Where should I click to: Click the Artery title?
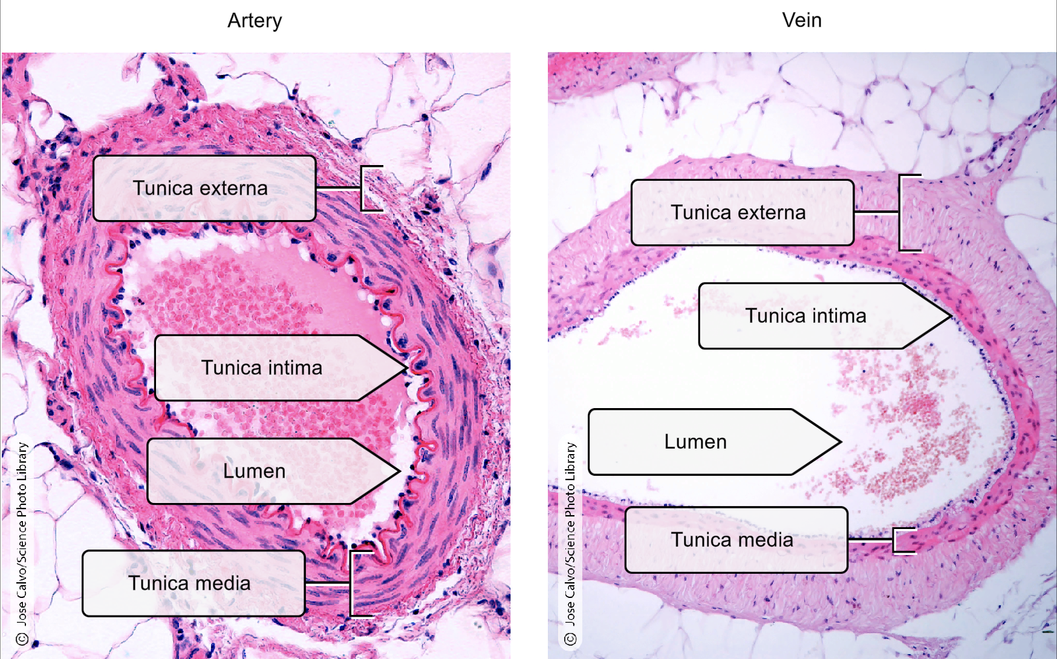coord(255,21)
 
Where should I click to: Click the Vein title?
coord(801,21)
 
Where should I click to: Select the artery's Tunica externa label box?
coord(204,188)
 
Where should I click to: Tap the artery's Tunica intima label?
coord(261,368)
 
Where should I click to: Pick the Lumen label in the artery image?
coord(254,471)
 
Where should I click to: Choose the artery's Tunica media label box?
coord(194,583)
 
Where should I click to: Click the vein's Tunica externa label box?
coord(742,212)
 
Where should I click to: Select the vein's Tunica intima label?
coord(805,316)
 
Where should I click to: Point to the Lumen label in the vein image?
coord(695,441)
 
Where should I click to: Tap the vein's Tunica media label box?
coord(736,539)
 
